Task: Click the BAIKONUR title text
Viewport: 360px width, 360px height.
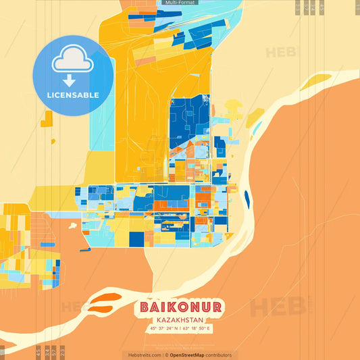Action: point(180,307)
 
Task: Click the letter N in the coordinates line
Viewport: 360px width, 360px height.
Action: point(176,329)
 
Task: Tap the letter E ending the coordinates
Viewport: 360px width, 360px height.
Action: point(210,329)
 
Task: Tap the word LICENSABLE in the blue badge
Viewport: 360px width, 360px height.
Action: point(73,95)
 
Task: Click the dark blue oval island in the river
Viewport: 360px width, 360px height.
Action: point(247,199)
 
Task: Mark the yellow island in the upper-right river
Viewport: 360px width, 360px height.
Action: point(315,82)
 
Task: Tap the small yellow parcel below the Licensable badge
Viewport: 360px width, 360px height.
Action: point(47,120)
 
